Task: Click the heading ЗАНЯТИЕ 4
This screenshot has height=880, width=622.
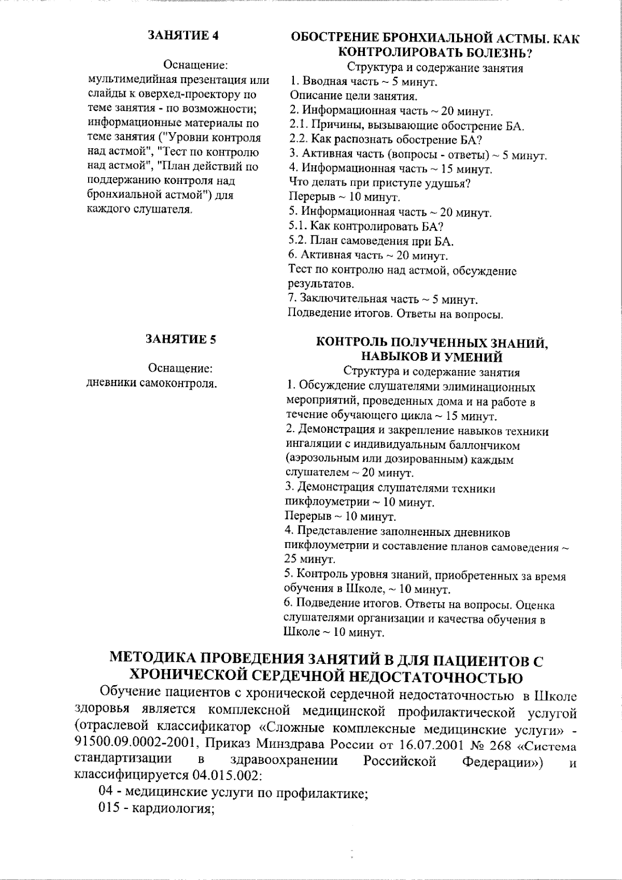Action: pos(183,35)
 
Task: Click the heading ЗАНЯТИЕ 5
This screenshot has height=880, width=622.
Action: pos(181,339)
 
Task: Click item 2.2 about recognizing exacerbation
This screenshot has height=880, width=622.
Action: pos(386,140)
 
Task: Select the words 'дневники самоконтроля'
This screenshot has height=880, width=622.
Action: pos(151,384)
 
